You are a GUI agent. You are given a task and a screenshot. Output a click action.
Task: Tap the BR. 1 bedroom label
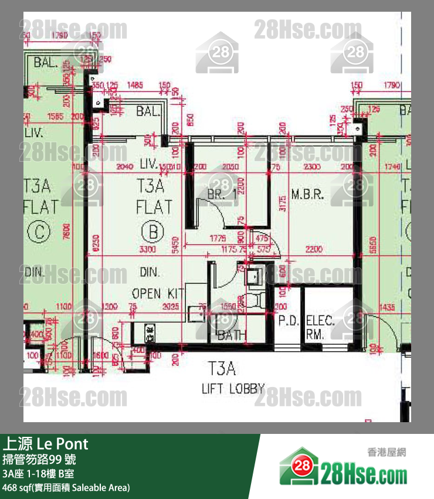coord(222,195)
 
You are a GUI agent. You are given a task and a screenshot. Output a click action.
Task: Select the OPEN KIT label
coord(158,293)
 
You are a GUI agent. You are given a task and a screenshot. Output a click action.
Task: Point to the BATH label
coord(232,336)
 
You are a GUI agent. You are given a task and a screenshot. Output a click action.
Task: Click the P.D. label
coord(289,321)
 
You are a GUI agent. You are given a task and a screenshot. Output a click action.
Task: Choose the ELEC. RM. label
coord(320,327)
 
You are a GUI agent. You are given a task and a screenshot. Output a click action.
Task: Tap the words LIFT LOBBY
coord(233,388)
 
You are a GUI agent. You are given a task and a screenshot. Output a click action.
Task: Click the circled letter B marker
coord(154,232)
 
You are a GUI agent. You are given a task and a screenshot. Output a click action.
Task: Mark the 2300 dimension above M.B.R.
coord(313,167)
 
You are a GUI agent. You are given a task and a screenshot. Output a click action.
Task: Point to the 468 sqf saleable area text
coord(66,487)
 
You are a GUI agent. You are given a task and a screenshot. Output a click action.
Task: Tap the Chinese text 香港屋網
coord(386,452)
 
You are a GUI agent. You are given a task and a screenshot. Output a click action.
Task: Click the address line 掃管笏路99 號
coord(39,459)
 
